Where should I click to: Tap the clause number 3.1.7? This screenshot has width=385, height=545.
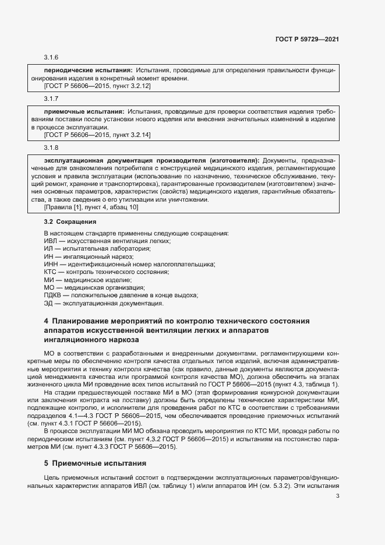(51, 97)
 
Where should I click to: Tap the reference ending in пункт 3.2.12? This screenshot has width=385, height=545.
(98, 86)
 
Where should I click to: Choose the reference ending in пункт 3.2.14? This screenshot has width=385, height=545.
(98, 135)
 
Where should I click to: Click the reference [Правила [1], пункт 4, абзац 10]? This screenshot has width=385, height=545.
(91, 208)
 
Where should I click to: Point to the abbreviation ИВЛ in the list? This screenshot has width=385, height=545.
(51, 241)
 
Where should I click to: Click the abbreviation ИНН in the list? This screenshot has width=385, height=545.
(51, 264)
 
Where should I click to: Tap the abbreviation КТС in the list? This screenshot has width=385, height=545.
(51, 272)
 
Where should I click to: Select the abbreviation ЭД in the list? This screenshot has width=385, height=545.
(49, 303)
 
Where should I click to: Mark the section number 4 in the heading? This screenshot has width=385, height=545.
(47, 321)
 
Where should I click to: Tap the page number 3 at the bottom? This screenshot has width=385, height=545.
(338, 497)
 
